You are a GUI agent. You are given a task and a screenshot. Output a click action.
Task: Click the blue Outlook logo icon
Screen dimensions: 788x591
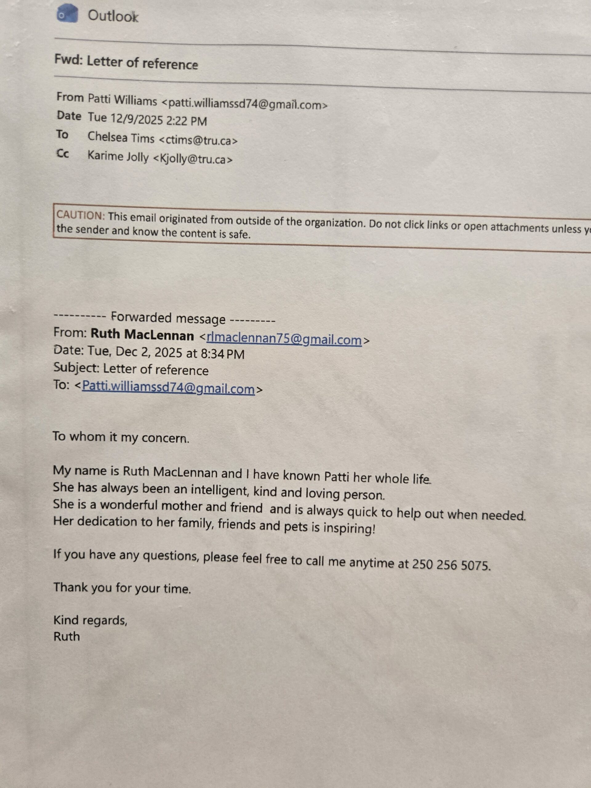(x=67, y=14)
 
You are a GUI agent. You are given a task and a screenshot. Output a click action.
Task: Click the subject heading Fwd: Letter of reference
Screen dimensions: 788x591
(x=126, y=63)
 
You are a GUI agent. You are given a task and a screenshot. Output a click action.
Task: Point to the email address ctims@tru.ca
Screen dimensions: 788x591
(x=197, y=140)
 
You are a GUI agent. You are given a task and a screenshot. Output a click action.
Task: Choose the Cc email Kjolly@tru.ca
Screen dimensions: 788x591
(x=192, y=159)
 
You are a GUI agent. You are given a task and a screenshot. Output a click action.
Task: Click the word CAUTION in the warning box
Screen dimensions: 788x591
(x=80, y=215)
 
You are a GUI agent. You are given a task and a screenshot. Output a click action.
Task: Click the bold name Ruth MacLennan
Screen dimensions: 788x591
(x=142, y=335)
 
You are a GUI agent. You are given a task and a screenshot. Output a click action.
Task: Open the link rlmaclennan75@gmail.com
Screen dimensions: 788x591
(x=284, y=339)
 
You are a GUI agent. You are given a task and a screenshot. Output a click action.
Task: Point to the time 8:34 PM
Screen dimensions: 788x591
(x=223, y=354)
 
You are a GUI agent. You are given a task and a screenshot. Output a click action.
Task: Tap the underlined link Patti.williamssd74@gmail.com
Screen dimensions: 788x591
(x=168, y=388)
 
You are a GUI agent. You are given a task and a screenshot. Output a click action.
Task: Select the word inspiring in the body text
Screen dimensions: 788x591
(x=349, y=528)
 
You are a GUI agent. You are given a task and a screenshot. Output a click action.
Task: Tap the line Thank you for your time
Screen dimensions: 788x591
(x=122, y=588)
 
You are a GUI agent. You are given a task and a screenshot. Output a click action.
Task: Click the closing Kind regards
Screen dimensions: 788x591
(x=90, y=620)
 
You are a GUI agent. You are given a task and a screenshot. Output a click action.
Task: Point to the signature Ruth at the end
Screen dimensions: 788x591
(x=66, y=636)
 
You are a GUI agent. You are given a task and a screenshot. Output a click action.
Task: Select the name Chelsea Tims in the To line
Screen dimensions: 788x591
(x=121, y=138)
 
